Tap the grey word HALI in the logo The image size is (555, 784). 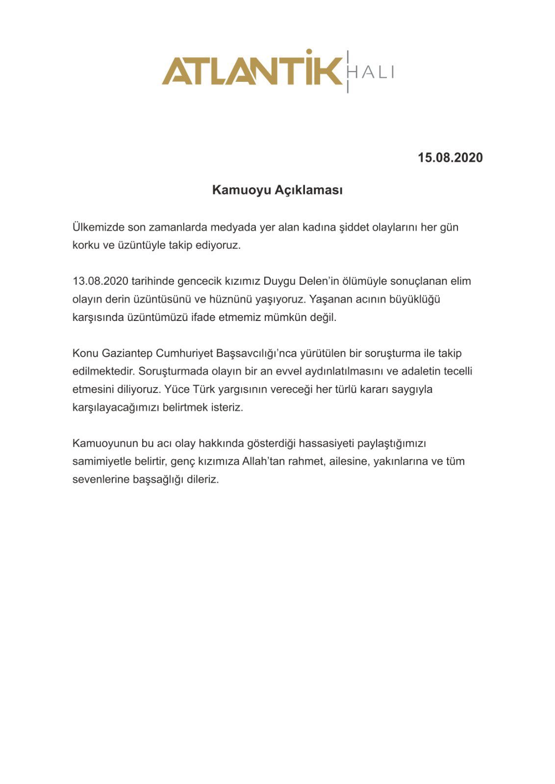[x=371, y=73]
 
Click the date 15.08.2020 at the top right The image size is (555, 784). [x=450, y=158]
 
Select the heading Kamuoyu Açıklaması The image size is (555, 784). [x=277, y=190]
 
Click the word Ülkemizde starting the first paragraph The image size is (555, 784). [x=98, y=227]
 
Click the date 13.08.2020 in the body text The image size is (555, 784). [x=101, y=281]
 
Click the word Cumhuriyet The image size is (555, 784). [x=184, y=353]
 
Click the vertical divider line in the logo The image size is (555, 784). [x=348, y=72]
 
